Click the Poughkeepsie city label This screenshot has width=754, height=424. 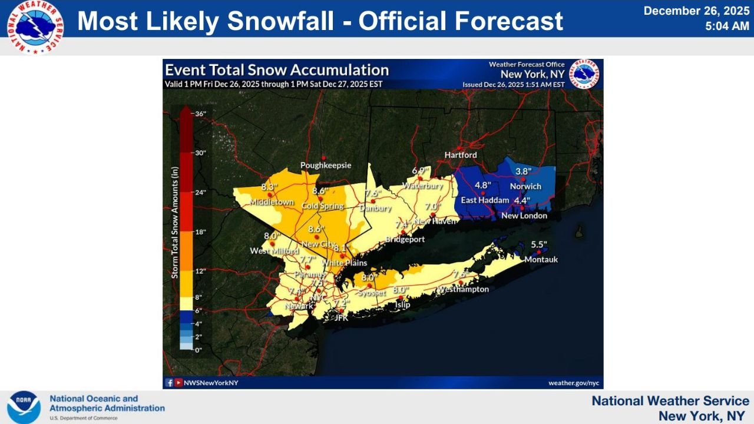point(326,165)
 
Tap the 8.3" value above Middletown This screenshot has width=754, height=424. point(269,188)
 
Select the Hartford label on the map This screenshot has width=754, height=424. point(461,155)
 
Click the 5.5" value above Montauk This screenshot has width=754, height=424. point(539,244)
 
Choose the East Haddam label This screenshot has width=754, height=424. point(485,200)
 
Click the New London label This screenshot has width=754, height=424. point(524,216)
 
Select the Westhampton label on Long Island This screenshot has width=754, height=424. point(462,289)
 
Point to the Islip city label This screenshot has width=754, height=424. point(402,304)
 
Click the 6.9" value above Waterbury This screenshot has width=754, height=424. point(419,171)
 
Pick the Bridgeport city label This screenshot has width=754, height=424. point(405,239)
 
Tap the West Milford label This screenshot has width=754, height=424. point(270,251)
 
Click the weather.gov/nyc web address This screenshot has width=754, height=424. point(573,383)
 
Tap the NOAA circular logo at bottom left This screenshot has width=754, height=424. point(24,407)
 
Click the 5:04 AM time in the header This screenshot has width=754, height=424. point(727,26)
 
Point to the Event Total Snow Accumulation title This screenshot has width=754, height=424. point(276,69)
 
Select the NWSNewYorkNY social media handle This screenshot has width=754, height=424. point(210,383)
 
